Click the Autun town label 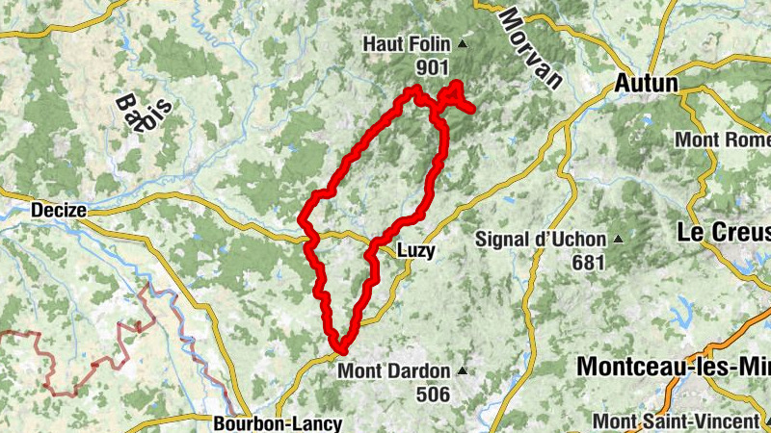tap(647, 85)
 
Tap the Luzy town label tap(415, 250)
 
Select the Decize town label tap(59, 210)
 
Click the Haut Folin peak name tap(406, 44)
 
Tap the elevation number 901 tap(434, 66)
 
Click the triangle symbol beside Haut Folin tap(462, 44)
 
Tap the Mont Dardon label tap(393, 371)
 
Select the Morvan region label tap(530, 48)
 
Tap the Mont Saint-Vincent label tap(674, 421)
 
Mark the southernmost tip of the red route tap(338, 347)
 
